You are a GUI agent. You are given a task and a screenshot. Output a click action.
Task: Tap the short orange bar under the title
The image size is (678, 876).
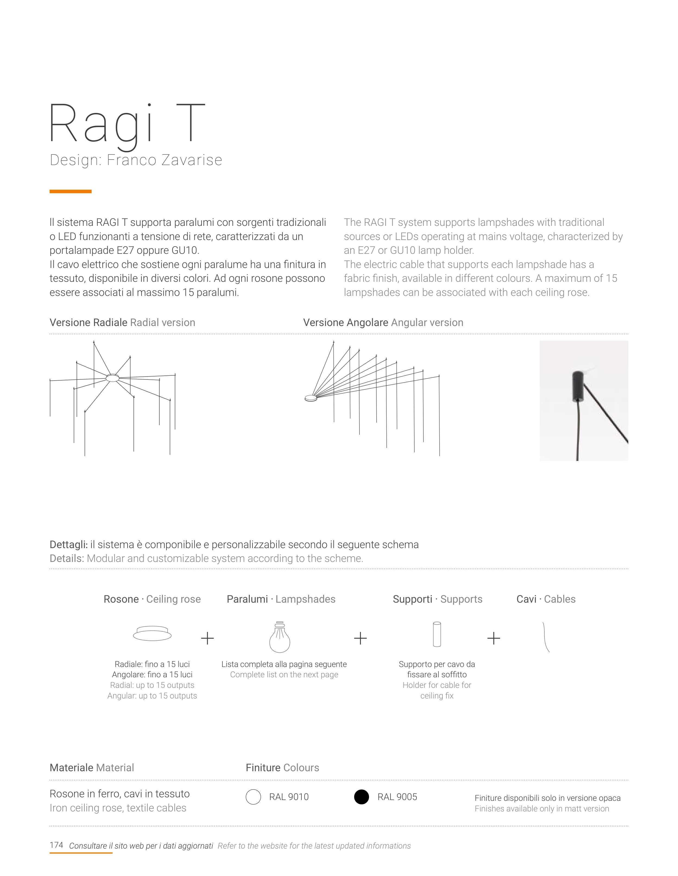tap(71, 192)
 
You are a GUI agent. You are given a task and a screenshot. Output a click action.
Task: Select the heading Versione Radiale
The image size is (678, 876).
tap(88, 322)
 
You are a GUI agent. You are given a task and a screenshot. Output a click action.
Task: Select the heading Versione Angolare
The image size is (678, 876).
tap(345, 322)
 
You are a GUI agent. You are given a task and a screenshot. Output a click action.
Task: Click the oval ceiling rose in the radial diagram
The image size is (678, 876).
tap(112, 378)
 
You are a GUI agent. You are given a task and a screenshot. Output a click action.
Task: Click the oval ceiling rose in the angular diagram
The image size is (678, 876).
tap(311, 398)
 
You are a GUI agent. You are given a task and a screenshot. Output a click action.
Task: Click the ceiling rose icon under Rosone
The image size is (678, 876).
tap(152, 634)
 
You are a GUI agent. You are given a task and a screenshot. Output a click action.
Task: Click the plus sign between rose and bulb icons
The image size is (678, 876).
tap(207, 638)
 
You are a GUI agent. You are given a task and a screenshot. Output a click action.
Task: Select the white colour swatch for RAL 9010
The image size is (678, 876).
tap(253, 797)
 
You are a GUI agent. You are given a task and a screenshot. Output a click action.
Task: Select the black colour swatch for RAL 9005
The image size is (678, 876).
tap(361, 797)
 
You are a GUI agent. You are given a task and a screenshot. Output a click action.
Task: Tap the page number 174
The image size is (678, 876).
tap(56, 845)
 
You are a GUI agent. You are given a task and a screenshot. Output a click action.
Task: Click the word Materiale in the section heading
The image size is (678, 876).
tap(71, 768)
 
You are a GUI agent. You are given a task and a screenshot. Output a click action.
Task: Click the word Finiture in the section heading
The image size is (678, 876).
tap(263, 768)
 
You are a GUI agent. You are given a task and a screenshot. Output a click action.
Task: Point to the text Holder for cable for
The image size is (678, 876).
tap(437, 685)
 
